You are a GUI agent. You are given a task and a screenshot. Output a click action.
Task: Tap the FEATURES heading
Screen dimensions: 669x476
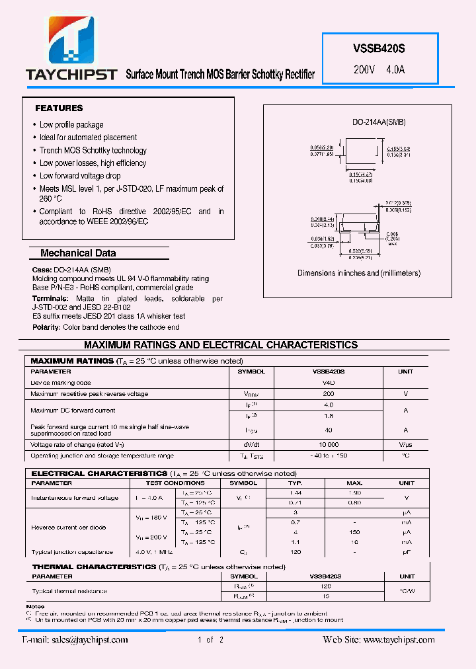[59, 108]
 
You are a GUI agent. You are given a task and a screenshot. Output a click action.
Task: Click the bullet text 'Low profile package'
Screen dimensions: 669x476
[71, 124]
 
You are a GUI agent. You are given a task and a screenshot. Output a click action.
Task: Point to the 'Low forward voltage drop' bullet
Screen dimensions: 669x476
[80, 176]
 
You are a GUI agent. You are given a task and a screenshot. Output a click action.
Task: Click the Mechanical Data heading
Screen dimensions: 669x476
[78, 253]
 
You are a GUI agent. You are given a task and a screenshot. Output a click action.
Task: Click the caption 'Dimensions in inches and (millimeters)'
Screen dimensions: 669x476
[359, 273]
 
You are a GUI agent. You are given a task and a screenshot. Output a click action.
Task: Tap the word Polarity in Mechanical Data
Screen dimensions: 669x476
[46, 327]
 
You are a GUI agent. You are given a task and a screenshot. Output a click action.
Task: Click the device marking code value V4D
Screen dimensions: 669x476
[329, 383]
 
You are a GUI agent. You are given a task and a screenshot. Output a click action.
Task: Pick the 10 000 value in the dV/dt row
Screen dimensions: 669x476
[329, 445]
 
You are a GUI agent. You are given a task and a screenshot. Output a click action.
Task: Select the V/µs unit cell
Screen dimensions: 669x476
[405, 445]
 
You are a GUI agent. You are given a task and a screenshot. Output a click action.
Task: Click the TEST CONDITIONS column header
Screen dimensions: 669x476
[175, 483]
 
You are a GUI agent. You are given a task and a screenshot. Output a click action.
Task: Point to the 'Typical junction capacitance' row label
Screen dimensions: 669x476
[72, 552]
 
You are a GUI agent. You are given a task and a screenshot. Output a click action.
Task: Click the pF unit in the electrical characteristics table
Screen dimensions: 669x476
[405, 552]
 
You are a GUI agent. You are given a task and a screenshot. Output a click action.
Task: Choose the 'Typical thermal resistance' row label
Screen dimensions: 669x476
[69, 591]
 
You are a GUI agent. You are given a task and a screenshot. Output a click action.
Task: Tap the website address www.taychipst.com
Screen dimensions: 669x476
[399, 640]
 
